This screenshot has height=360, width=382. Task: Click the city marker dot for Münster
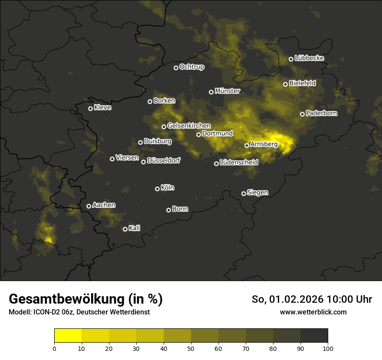click(211, 92)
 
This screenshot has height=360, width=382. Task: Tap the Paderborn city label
click(321, 113)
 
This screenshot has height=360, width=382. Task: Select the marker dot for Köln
click(157, 189)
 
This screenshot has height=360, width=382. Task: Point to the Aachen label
click(104, 205)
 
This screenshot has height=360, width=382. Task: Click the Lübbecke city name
click(309, 58)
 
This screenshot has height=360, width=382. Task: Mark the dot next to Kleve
click(90, 108)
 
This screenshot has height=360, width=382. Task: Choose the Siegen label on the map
click(257, 193)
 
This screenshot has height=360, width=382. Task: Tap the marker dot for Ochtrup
click(176, 68)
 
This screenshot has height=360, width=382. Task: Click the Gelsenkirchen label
click(189, 126)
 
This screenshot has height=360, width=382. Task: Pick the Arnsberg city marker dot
click(247, 145)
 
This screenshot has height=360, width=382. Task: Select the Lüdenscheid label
click(239, 163)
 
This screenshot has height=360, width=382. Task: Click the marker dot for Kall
click(125, 229)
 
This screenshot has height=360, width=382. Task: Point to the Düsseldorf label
click(164, 160)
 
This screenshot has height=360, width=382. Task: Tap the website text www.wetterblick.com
click(313, 312)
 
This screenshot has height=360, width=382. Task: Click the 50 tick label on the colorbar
click(191, 348)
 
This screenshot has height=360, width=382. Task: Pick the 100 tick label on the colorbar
click(328, 348)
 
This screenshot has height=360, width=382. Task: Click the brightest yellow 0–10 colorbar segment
click(68, 335)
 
